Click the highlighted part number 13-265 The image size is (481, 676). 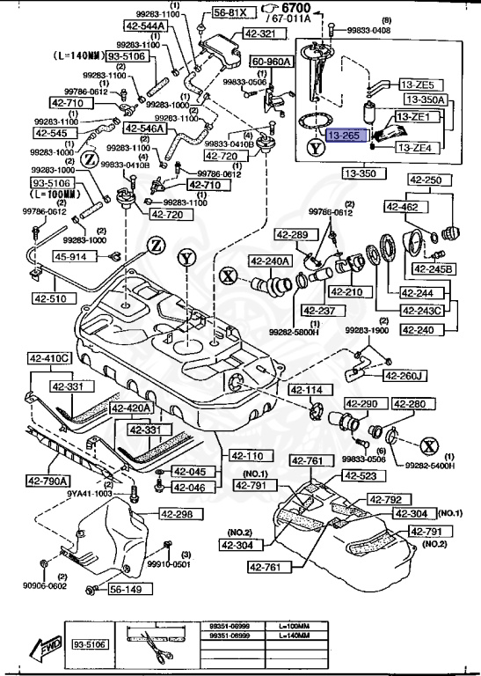345,136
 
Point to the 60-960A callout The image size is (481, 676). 271,62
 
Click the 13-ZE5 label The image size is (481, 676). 417,84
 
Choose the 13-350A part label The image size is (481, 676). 425,100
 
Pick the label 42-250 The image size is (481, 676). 427,180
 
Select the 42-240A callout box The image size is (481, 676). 268,261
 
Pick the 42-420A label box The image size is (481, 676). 131,408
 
